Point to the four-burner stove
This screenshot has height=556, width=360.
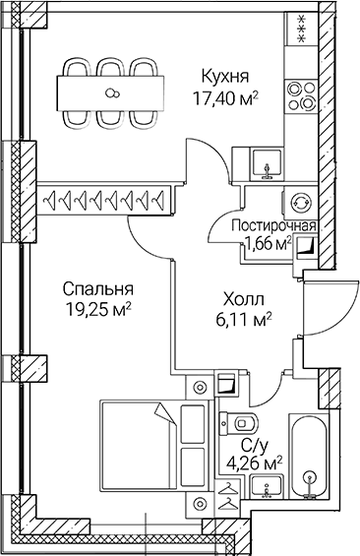298,98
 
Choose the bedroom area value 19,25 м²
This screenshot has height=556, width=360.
96,309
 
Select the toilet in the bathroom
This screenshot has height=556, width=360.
247,422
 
